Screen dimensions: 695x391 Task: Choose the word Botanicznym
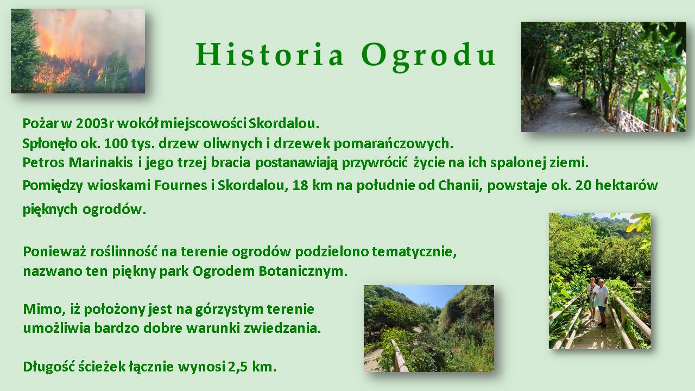tap(303, 271)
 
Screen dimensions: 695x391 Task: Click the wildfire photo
tap(78, 51)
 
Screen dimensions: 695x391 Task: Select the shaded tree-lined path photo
tap(604, 77)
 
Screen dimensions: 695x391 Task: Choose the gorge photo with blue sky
tap(429, 329)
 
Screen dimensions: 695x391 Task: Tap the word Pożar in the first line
tap(40, 123)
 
